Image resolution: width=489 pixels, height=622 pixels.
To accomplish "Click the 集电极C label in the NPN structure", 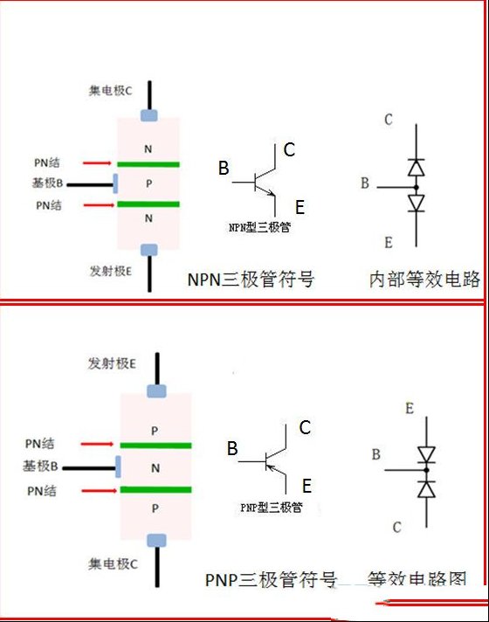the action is [x=110, y=91].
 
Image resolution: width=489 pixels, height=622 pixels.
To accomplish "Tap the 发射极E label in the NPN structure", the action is [x=111, y=271].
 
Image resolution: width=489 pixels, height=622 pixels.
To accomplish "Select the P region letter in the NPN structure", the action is [x=148, y=183].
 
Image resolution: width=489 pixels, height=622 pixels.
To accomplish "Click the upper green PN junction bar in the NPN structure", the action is [x=148, y=164].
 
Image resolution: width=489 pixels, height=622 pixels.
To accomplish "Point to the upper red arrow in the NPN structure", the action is [x=97, y=163].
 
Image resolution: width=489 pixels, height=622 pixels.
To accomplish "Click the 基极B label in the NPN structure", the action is [x=48, y=183].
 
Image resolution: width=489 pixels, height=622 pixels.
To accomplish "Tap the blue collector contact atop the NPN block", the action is [x=149, y=115].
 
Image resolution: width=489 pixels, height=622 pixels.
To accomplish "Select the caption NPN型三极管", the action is [x=259, y=227].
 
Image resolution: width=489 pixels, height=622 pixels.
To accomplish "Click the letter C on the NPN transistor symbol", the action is [x=289, y=150].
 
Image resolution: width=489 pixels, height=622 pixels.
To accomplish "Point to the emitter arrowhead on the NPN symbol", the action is [x=272, y=194].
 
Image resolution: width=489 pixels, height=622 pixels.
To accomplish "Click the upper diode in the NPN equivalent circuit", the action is [x=416, y=168].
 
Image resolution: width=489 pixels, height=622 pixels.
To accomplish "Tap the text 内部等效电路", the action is [x=424, y=280].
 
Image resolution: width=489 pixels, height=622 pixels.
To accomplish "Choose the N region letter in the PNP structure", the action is [x=155, y=468].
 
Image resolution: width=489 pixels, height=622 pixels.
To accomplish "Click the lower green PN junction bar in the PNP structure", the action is [x=155, y=490].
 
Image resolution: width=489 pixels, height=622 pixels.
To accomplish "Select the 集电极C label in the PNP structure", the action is [x=113, y=563].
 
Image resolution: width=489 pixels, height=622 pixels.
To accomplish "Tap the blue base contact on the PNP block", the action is [x=118, y=466].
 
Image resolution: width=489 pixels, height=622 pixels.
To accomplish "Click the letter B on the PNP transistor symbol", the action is [x=232, y=449].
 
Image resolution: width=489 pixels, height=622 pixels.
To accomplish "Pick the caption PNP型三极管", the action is [x=272, y=508].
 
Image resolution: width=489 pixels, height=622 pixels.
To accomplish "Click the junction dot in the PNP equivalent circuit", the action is [x=426, y=471].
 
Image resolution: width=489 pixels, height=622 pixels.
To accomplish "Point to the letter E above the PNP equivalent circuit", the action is [x=410, y=408].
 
